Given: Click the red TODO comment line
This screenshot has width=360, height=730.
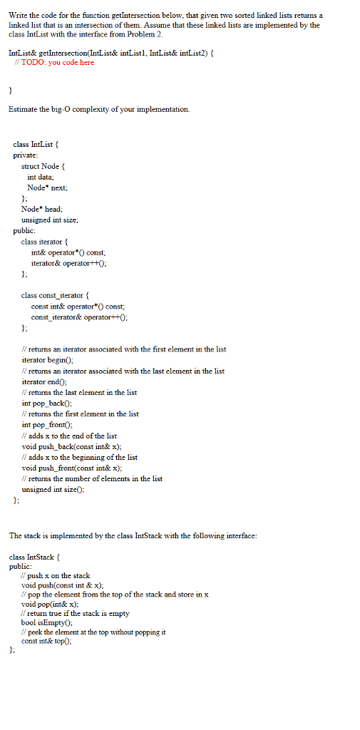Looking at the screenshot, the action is point(54,63).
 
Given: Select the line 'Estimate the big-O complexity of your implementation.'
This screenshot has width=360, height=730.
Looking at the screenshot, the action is point(99,109).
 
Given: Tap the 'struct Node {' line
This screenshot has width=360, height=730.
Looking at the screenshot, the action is point(45,166).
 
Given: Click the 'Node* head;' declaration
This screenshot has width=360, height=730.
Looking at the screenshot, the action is point(42,209).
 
